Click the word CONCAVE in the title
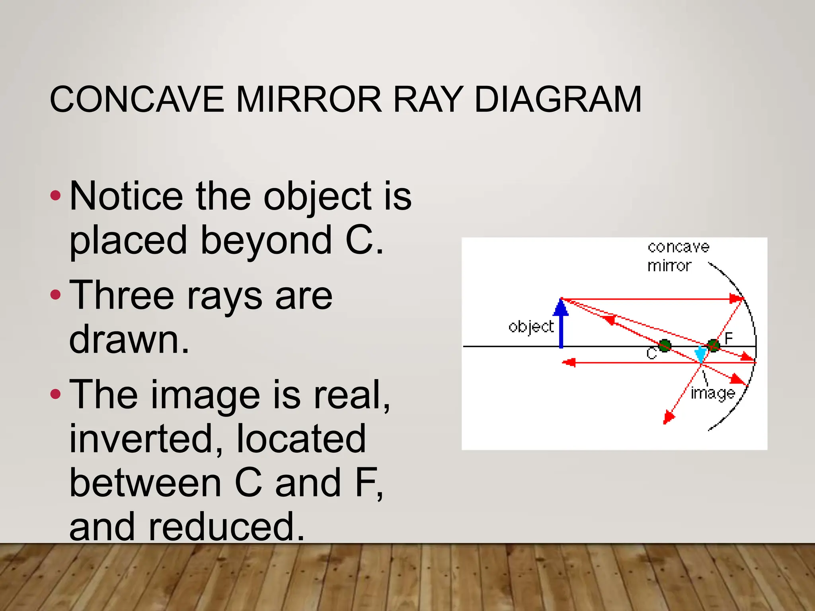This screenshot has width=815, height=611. [x=136, y=99]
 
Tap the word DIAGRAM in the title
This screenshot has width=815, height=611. [x=558, y=99]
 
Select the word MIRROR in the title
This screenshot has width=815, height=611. [x=309, y=99]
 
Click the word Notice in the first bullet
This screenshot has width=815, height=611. [x=126, y=196]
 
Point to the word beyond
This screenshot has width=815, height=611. [x=266, y=240]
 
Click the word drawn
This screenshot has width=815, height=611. [x=129, y=339]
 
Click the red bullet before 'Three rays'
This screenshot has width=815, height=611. [x=56, y=295]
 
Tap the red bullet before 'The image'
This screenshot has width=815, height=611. [x=56, y=394]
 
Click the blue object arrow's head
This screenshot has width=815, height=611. [x=561, y=307]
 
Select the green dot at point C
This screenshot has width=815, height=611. [x=664, y=346]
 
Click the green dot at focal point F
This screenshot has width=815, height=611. [x=713, y=345]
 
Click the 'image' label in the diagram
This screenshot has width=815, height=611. [x=713, y=393]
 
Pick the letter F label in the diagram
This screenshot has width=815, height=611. [x=729, y=339]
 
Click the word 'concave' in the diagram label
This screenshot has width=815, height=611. [x=679, y=247]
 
